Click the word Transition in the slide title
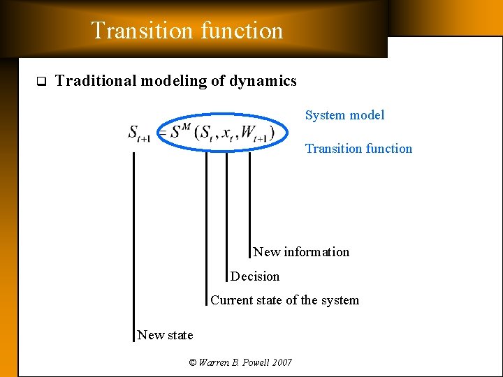(132, 31)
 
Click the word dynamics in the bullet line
(263, 81)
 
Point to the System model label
(344, 115)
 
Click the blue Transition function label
(358, 149)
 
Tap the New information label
(301, 252)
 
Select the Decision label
(255, 276)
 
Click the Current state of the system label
(284, 300)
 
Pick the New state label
(165, 335)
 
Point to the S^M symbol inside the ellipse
(180, 131)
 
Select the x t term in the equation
(228, 133)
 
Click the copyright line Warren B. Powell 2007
(240, 362)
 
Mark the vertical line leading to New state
(133, 244)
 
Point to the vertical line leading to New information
(249, 202)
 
